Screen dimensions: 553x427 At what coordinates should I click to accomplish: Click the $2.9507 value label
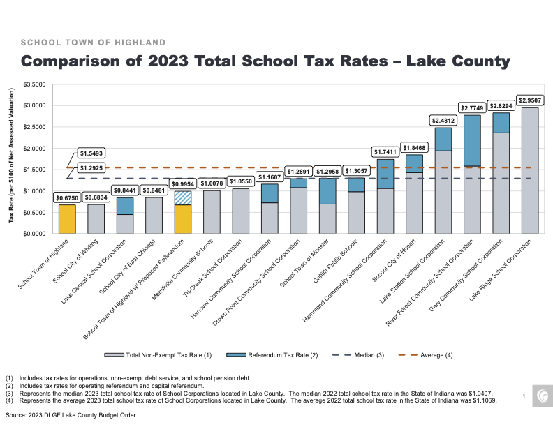[530, 100]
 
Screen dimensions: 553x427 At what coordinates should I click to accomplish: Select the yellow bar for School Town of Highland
[67, 219]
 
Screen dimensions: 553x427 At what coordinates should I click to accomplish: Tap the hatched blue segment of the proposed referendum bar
[183, 198]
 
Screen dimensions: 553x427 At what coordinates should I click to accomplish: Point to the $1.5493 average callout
[91, 153]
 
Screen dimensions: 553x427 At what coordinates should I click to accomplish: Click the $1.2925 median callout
[91, 168]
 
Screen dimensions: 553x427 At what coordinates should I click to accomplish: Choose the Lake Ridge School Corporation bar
[530, 170]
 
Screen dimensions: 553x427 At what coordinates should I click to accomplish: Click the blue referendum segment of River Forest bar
[472, 140]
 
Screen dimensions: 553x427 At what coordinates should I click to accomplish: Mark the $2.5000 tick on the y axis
[35, 127]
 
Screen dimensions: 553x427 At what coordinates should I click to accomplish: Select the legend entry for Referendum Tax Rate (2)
[272, 355]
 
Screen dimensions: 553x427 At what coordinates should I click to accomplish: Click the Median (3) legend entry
[358, 355]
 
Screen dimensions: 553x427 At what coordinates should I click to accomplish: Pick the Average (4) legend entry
[425, 355]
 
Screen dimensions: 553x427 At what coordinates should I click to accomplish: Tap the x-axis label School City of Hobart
[394, 261]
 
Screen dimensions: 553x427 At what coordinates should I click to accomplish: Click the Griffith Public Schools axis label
[335, 261]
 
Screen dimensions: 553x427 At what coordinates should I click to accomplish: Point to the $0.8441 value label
[125, 190]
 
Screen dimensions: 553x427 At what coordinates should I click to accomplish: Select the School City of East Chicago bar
[154, 216]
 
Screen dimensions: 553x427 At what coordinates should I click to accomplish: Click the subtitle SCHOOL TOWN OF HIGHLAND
[93, 43]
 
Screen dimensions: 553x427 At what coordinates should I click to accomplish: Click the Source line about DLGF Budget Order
[71, 415]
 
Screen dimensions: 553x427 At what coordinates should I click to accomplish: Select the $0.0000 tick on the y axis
[35, 234]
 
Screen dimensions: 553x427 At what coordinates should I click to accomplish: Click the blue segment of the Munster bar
[327, 191]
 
